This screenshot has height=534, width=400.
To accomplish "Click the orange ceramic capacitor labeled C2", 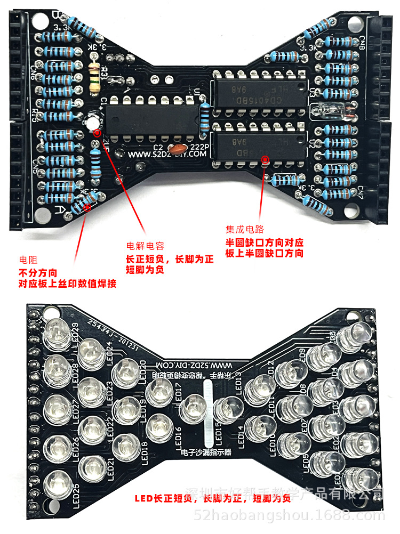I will pos(177,148).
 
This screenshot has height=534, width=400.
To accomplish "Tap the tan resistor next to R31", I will pos(95,74).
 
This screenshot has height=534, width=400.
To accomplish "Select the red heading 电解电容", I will pos(145,246).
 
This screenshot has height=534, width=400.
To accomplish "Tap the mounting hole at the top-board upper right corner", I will pos(354,23).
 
